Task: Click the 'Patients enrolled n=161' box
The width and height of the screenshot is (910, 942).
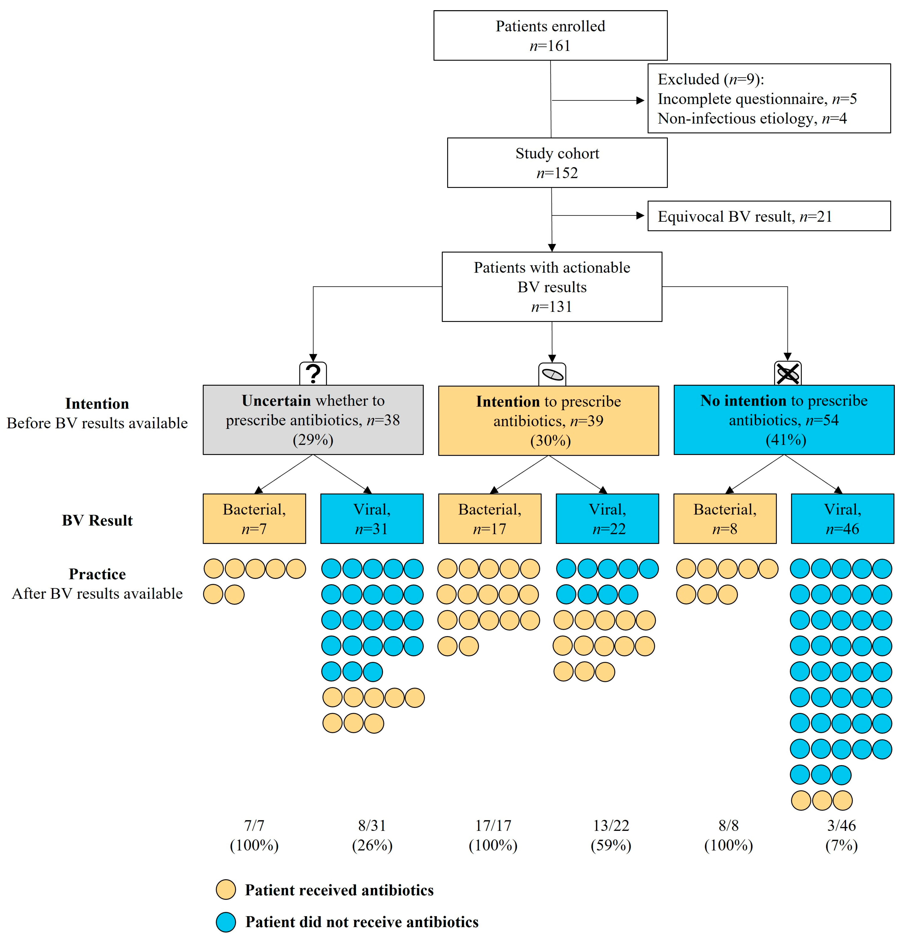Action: click(x=550, y=36)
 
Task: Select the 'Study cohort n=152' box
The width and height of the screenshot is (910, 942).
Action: click(x=557, y=163)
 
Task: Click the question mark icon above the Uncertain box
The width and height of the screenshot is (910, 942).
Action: click(x=313, y=373)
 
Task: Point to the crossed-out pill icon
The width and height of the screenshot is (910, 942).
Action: click(x=787, y=373)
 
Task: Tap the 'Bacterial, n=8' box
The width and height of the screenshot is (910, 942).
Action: click(x=725, y=518)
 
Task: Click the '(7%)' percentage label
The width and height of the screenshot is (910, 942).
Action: click(x=841, y=845)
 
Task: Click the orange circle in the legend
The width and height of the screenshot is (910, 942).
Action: click(x=226, y=890)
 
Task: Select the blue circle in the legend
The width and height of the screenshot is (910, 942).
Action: click(x=226, y=922)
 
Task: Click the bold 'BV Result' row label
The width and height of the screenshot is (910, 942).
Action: click(x=97, y=521)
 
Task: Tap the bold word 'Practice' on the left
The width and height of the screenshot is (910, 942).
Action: click(x=97, y=574)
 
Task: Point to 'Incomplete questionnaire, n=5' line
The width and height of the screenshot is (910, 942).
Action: click(x=757, y=99)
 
